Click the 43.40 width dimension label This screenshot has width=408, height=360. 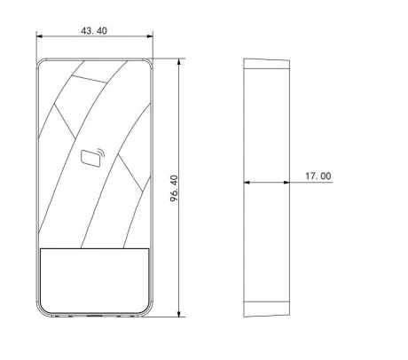[94, 31]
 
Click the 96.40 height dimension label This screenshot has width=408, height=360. [175, 189]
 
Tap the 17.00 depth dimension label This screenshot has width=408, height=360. [318, 176]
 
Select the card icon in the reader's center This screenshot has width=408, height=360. [90, 159]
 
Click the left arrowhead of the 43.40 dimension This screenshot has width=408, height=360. [40, 36]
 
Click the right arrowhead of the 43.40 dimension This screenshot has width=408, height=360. [150, 36]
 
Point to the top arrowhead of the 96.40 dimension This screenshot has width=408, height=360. [178, 62]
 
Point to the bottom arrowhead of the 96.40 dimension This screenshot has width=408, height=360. [178, 313]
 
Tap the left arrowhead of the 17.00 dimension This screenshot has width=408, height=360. [247, 183]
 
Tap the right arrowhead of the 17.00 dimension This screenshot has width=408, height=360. [286, 183]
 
